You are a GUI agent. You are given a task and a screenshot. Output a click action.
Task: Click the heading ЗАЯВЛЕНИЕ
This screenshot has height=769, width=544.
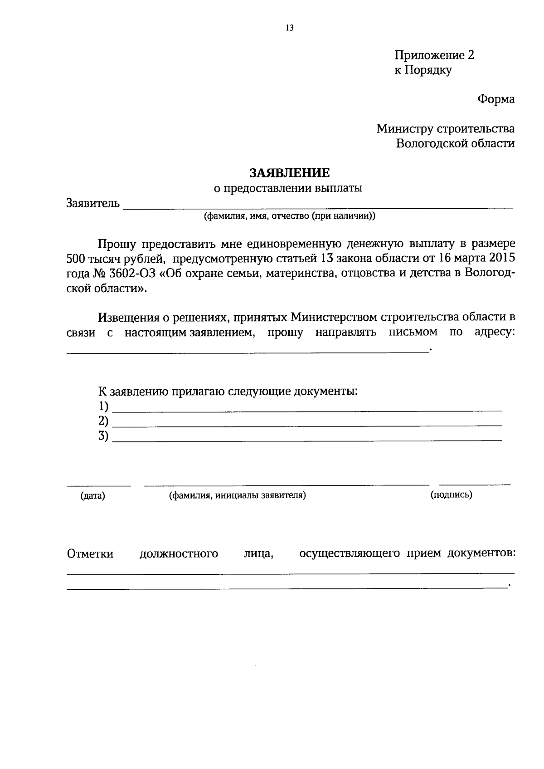tap(290, 173)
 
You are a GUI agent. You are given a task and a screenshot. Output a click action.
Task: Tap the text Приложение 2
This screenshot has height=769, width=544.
tap(434, 55)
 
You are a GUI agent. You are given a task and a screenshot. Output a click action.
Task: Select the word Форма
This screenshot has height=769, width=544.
tap(495, 99)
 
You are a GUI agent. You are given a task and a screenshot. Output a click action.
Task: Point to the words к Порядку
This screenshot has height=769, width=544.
tap(423, 70)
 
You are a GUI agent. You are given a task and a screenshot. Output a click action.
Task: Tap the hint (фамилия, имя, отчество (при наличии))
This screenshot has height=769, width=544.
tap(290, 216)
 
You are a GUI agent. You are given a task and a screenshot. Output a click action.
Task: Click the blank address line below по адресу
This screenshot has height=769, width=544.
tap(247, 351)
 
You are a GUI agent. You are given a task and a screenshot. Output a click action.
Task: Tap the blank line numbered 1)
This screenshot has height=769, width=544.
tap(307, 410)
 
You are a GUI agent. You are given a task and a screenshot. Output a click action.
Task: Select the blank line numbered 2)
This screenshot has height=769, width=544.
tap(307, 425)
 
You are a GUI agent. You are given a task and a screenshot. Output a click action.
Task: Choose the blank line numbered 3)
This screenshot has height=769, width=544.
tap(307, 440)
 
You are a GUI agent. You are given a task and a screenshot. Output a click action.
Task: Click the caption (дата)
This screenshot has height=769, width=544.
tap(93, 496)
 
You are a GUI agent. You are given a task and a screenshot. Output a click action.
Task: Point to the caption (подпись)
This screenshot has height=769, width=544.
tap(451, 495)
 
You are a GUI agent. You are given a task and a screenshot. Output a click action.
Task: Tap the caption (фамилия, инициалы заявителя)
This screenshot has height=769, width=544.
tap(237, 495)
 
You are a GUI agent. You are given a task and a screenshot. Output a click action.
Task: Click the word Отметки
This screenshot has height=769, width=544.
tap(90, 554)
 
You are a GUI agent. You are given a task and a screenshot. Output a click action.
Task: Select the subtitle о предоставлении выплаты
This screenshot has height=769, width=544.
tap(288, 188)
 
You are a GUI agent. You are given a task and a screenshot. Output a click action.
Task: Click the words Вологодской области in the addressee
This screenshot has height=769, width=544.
tap(455, 143)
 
